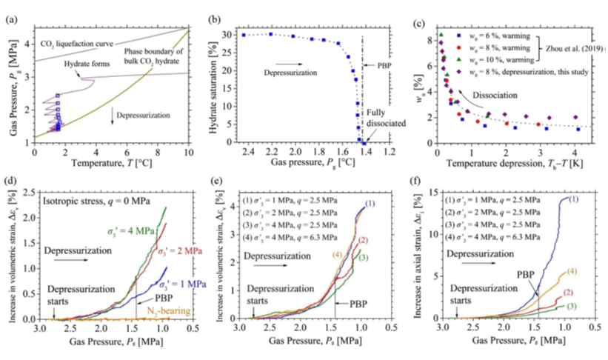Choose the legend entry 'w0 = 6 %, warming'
coord(492,35)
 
